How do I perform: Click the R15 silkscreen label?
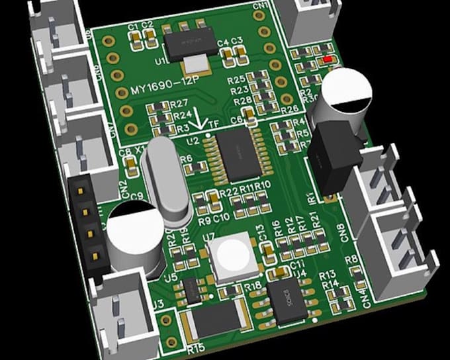(x=195, y=345)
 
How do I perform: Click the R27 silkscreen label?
(x=179, y=103)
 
